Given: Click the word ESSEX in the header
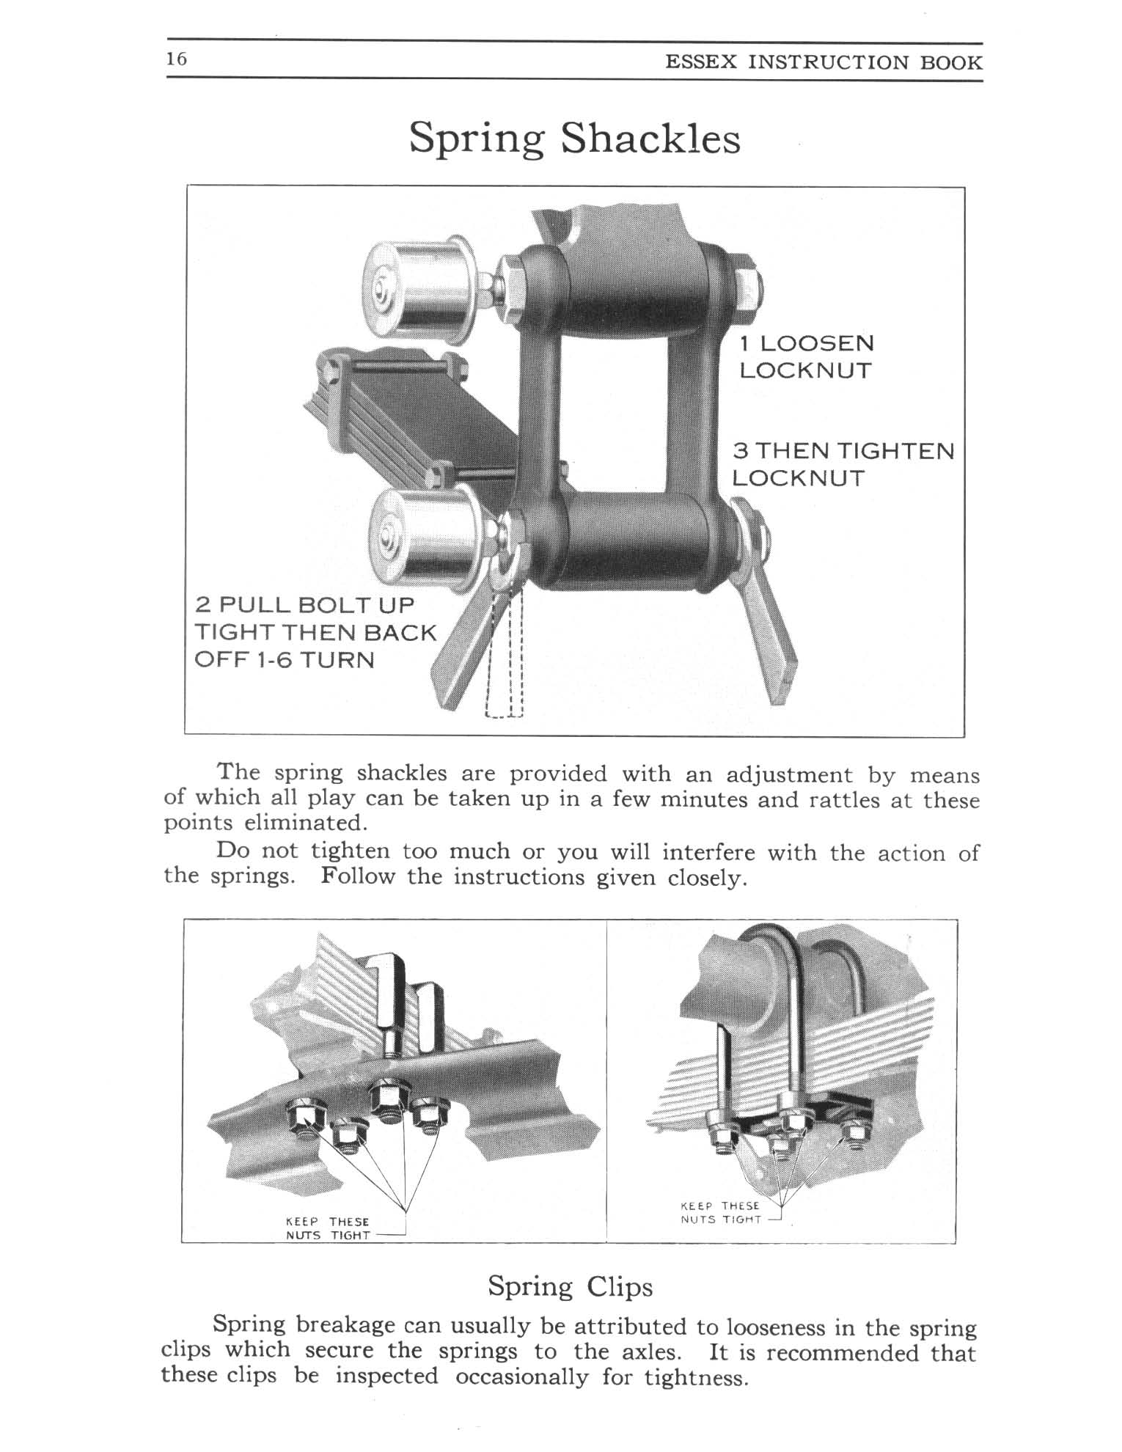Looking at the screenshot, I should click(700, 62).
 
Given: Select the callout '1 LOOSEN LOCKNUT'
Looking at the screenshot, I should click(806, 357).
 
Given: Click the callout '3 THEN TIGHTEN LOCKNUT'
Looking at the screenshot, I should click(843, 464).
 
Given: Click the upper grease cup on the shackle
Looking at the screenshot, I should click(419, 285).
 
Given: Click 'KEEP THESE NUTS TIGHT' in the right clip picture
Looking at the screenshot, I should click(721, 1212).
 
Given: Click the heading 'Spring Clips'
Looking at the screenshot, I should click(570, 1287).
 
